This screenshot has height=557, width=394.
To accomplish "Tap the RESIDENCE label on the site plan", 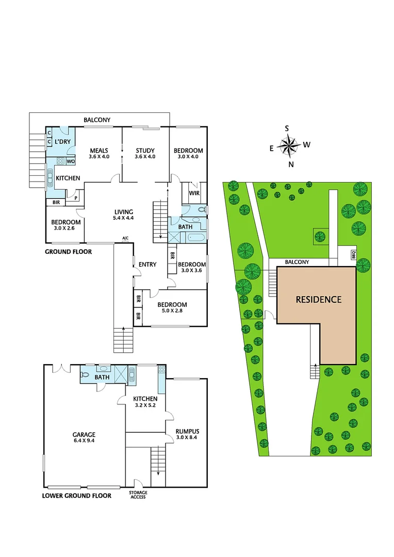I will [x=318, y=299].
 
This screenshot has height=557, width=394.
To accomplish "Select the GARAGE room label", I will [x=84, y=434].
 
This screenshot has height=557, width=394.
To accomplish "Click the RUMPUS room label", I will [x=187, y=431].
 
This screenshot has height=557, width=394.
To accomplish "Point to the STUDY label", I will [x=145, y=151].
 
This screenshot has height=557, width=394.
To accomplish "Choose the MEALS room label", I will [x=98, y=151].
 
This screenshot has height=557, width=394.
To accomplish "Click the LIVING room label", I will [x=124, y=211].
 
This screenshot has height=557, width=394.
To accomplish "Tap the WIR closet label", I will [x=194, y=193].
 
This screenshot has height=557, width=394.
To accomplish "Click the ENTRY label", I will [x=147, y=265].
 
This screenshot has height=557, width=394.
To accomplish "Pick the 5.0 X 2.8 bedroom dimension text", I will [x=172, y=311].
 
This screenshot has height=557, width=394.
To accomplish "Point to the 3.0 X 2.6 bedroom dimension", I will [x=65, y=229].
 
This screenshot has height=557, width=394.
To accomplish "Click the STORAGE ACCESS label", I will [x=138, y=495].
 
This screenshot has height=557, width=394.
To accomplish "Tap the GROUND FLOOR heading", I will [x=68, y=252].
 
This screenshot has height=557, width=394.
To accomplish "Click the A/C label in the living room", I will [x=125, y=238].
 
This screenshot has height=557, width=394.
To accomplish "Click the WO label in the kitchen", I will [x=71, y=161].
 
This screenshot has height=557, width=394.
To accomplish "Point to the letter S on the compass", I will [x=287, y=128].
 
